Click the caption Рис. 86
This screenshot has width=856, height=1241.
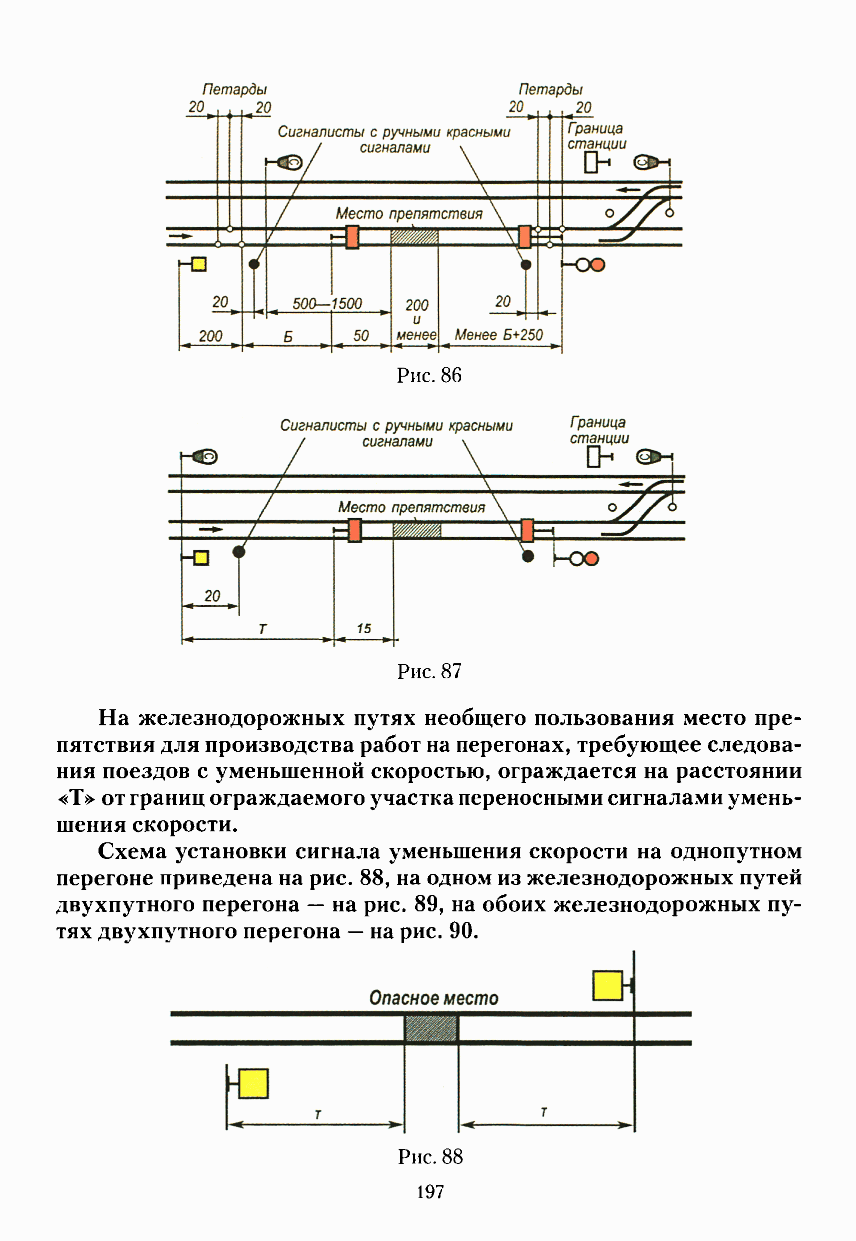click(428, 375)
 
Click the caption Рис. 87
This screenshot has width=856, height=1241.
click(429, 671)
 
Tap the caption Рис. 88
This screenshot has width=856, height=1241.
click(430, 1156)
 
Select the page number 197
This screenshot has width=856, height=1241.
click(430, 1191)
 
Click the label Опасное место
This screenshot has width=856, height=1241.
click(433, 998)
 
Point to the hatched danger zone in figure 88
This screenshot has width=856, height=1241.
click(431, 1028)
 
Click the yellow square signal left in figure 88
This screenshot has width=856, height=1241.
click(252, 1083)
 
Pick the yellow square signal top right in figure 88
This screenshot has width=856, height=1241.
click(607, 985)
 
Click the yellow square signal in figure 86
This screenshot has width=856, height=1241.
click(199, 264)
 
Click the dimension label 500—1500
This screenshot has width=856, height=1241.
click(326, 304)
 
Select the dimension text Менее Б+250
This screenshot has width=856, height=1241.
click(499, 335)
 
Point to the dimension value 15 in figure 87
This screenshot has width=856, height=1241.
click(363, 628)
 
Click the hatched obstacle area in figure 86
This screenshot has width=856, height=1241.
click(414, 237)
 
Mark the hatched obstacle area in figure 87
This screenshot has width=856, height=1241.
click(416, 530)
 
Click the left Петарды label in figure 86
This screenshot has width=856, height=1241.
click(234, 89)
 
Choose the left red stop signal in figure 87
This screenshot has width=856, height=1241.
click(354, 531)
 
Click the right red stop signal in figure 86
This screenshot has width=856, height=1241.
click(524, 237)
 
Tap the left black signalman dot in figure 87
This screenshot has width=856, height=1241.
click(238, 552)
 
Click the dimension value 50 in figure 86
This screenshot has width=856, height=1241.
click(361, 336)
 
